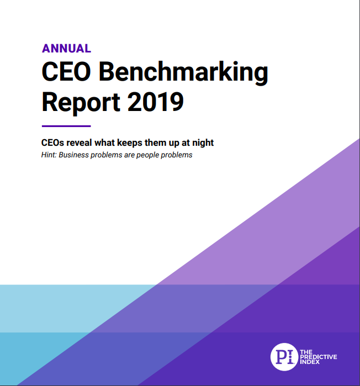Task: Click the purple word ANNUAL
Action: pos(66,48)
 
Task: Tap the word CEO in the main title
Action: pos(68,73)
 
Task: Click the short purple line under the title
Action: pos(66,126)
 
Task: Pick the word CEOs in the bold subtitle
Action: pos(54,142)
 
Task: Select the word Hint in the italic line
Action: pos(49,155)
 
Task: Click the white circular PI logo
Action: pos(284,357)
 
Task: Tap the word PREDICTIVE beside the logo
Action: pos(318,357)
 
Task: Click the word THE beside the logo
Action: pos(306,351)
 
